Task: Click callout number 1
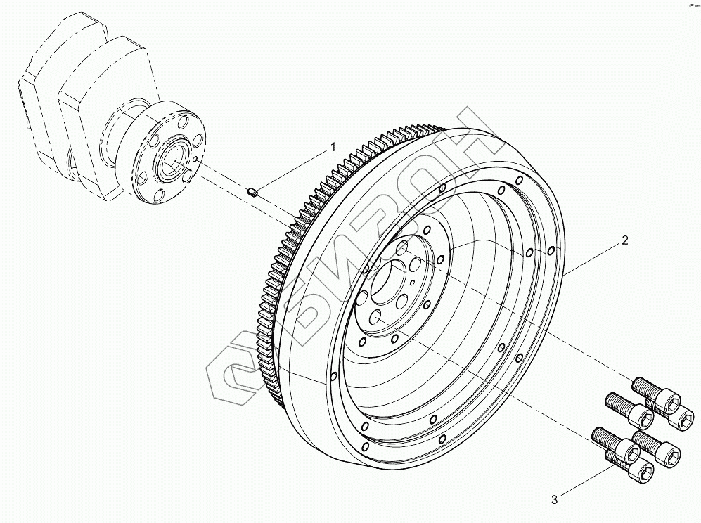click(x=333, y=147)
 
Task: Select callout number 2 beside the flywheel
click(x=624, y=240)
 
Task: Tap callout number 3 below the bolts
click(x=554, y=500)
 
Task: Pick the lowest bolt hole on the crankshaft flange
click(x=160, y=195)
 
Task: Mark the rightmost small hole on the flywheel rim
click(x=551, y=250)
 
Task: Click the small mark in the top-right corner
click(x=685, y=5)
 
